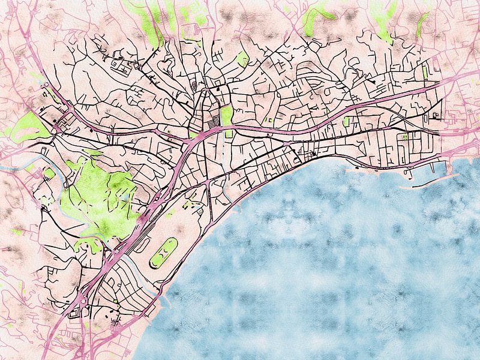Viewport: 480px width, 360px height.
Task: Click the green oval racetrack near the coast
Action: pyautogui.click(x=164, y=253)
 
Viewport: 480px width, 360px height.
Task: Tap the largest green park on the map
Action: pyautogui.click(x=99, y=195)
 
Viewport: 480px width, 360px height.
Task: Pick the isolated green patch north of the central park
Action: pyautogui.click(x=242, y=58)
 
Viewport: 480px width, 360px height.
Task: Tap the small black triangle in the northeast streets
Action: pyautogui.click(x=373, y=81)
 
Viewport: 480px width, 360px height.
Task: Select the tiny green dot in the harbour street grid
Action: pyautogui.click(x=405, y=137)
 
